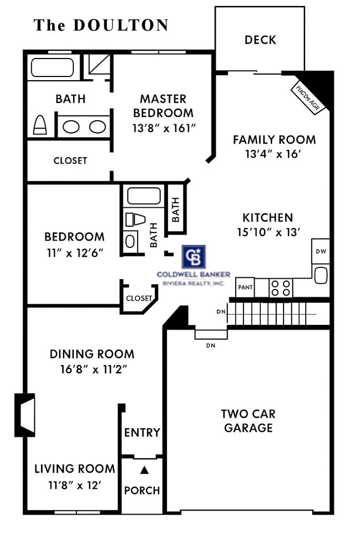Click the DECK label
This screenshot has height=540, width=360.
[x=260, y=40]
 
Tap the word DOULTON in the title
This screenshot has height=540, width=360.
[x=121, y=25]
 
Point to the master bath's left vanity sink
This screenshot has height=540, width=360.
[x=71, y=127]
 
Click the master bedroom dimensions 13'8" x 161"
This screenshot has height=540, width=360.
[x=163, y=128]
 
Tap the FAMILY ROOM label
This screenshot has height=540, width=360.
[x=274, y=140]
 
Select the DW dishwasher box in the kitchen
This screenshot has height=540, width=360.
[x=320, y=252]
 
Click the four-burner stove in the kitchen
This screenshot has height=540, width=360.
[x=281, y=288]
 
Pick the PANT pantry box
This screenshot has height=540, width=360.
[x=245, y=287]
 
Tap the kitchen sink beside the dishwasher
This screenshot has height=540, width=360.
[x=320, y=274]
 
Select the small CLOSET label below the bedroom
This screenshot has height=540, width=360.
[x=139, y=298]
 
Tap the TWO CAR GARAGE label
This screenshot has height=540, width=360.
[x=249, y=420]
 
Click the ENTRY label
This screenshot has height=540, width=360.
[x=142, y=432]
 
